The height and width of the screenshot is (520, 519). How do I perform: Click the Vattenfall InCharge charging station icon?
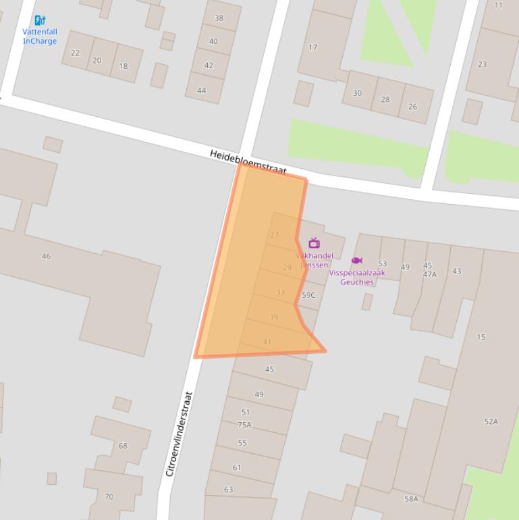[40, 20]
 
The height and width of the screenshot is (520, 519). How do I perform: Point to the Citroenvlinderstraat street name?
[180, 434]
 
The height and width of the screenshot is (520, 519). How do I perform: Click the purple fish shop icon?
[356, 261]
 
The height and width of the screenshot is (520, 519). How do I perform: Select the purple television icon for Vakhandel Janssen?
[314, 243]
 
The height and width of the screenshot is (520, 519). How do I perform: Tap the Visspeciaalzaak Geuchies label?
[357, 278]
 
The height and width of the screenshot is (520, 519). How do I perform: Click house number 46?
[46, 256]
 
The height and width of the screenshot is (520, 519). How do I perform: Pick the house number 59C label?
[308, 295]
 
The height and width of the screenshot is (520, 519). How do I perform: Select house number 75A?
[244, 425]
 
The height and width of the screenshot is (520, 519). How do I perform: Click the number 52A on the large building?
[491, 421]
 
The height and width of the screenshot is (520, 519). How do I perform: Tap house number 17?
[312, 47]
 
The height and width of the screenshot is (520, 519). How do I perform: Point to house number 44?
[201, 90]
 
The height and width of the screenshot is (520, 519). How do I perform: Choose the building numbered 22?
[75, 53]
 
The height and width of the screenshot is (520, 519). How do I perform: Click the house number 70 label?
[109, 496]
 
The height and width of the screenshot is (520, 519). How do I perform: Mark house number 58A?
[411, 499]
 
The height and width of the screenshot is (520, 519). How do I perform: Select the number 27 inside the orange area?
[274, 235]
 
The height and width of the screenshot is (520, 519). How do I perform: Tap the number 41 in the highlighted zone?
[267, 342]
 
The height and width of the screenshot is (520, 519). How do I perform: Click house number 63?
[228, 490]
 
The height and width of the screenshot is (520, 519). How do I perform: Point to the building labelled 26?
[412, 106]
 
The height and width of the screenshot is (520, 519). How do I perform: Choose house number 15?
[481, 337]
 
